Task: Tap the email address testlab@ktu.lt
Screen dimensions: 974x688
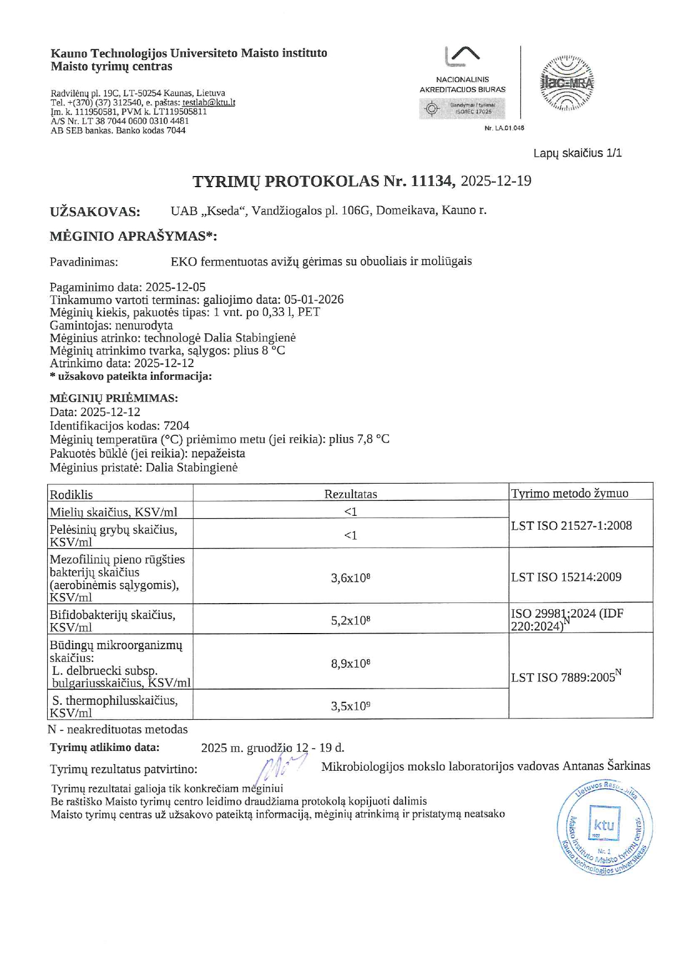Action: [209, 102]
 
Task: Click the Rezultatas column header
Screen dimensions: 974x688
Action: [351, 494]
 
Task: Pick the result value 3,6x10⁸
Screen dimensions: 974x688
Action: [351, 578]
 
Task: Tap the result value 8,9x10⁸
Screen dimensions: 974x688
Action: [351, 663]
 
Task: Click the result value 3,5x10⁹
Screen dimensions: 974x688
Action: [351, 706]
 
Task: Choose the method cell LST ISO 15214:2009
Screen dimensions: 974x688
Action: [566, 577]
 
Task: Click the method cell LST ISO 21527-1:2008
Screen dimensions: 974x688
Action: [571, 525]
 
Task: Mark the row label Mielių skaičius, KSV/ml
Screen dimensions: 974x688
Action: [113, 511]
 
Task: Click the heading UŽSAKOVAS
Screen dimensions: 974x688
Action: [95, 212]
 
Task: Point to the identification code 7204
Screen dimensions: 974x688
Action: [176, 425]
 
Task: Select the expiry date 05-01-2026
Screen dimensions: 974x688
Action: [314, 299]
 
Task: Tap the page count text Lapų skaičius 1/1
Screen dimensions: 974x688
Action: [578, 153]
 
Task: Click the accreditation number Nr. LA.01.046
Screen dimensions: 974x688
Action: [504, 128]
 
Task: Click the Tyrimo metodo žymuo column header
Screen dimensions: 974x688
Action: [569, 493]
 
